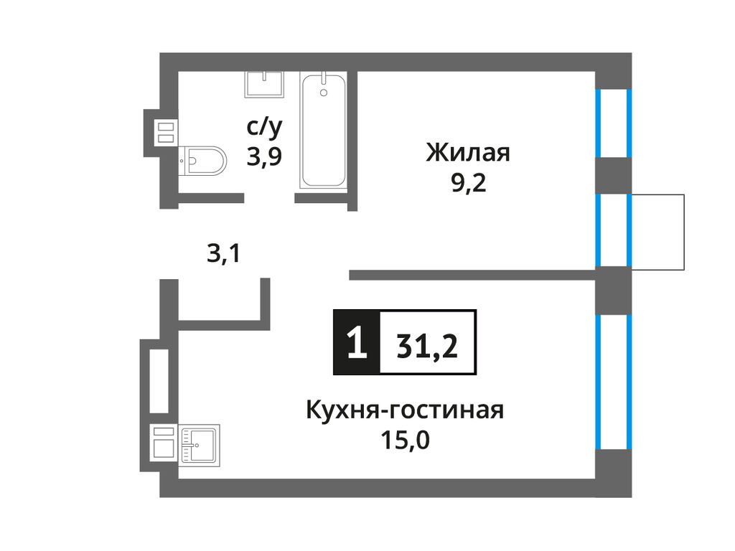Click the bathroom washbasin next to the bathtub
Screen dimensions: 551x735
click(x=264, y=84)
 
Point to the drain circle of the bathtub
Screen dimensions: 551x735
click(x=323, y=93)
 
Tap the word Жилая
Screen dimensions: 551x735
click(x=467, y=153)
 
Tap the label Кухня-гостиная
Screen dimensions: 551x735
click(x=405, y=411)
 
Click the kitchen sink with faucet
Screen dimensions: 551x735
click(x=201, y=444)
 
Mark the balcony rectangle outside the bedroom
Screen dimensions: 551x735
click(x=657, y=232)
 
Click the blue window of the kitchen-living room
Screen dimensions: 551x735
click(x=614, y=382)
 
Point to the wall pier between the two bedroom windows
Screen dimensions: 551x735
click(x=614, y=176)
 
